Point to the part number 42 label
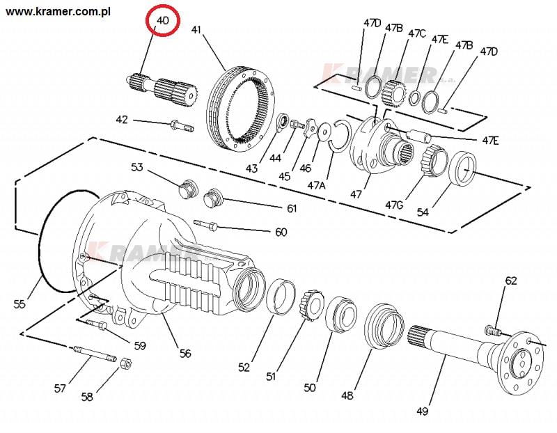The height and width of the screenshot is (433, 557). tap(122, 120)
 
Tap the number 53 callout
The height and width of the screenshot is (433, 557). tap(136, 167)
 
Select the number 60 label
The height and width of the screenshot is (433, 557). tap(281, 232)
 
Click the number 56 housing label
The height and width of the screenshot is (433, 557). tap(185, 353)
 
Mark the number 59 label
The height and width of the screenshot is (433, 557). tap(140, 345)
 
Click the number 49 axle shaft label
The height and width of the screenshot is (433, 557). tap(422, 411)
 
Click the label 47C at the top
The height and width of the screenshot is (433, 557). tap(417, 33)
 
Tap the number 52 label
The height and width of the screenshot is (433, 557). tap(244, 367)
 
